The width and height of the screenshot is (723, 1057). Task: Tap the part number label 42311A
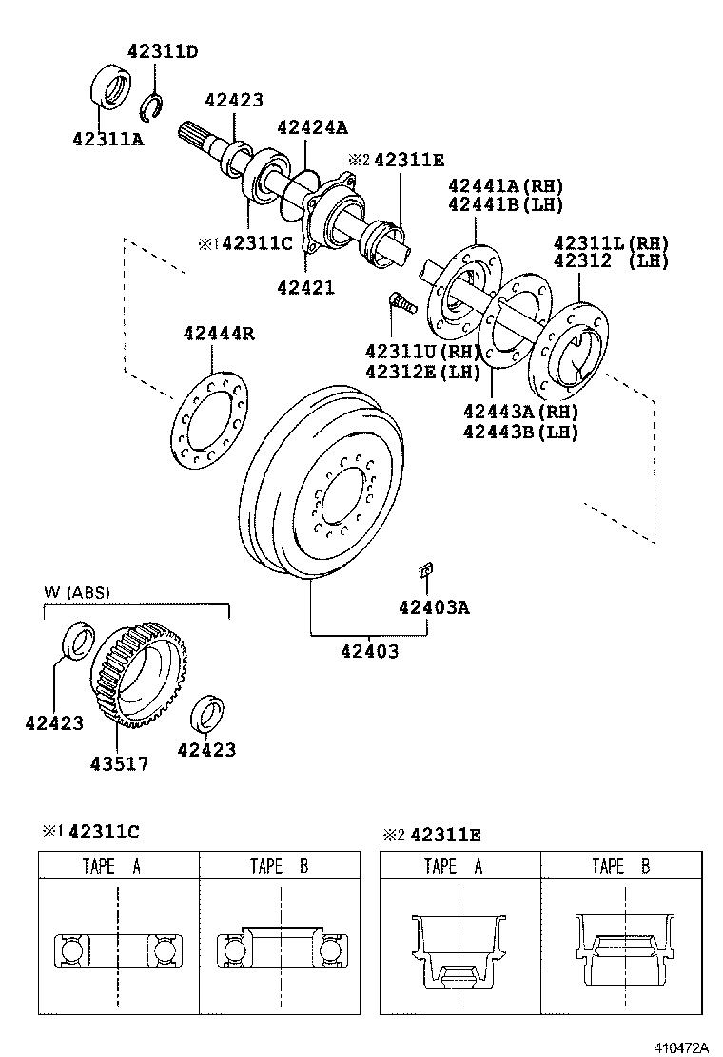(x=107, y=139)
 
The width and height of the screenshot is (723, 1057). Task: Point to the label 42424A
(x=312, y=127)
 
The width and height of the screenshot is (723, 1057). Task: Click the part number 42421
(x=305, y=286)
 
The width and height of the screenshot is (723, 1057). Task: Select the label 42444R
(x=219, y=333)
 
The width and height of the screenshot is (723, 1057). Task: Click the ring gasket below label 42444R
(x=208, y=418)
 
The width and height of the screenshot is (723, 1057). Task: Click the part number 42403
(x=370, y=651)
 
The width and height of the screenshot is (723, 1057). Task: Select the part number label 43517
(x=119, y=763)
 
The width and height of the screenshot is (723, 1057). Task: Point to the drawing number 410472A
(x=681, y=1047)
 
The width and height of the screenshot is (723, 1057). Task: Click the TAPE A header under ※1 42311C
(x=118, y=866)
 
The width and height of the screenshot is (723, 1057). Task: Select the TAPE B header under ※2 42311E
(x=621, y=866)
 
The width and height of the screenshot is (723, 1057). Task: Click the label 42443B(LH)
(x=520, y=432)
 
